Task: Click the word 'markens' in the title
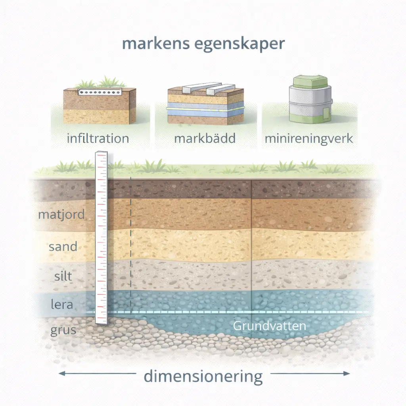(156, 44)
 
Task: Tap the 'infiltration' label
(98, 138)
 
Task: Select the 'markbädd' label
(205, 138)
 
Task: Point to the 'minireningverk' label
(308, 139)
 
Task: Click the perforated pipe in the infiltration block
(100, 92)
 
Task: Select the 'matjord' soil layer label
(61, 215)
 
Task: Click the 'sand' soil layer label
(63, 247)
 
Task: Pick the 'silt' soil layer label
(63, 276)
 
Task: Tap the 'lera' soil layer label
(62, 304)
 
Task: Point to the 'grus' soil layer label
(63, 331)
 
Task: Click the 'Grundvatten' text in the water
(270, 326)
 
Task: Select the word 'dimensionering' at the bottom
(203, 377)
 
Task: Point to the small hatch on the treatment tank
(326, 113)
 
